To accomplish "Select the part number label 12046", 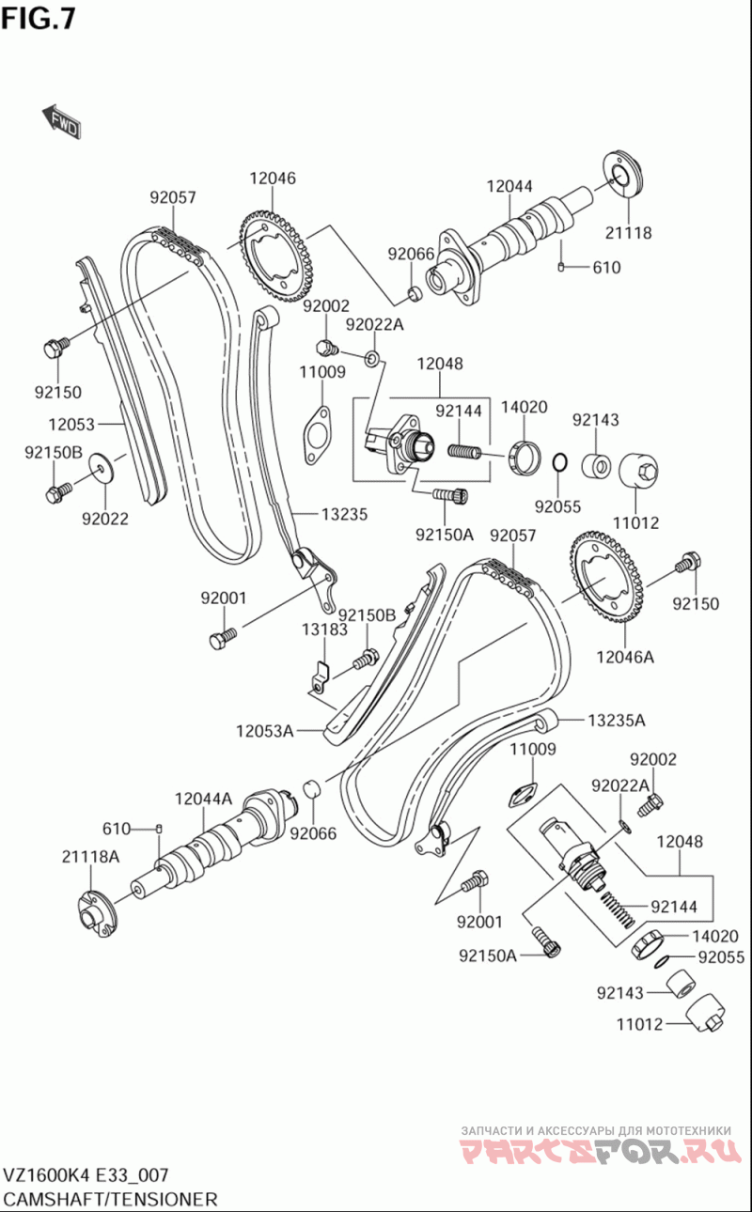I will [273, 178].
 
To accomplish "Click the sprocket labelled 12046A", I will [606, 583].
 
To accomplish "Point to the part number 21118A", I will [91, 856].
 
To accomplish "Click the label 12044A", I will [203, 799].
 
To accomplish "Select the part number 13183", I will [324, 629].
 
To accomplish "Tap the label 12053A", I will [265, 730].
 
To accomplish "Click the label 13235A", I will [618, 721].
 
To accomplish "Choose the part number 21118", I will [628, 232].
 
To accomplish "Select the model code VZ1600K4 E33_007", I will [86, 1175].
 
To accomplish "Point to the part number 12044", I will [509, 187].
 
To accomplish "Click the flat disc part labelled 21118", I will [622, 174].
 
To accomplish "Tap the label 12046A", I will [624, 657].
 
